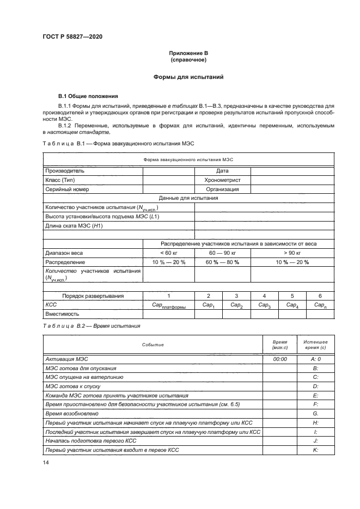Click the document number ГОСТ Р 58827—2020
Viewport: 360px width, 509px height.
point(72,36)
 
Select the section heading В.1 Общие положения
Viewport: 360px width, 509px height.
point(85,96)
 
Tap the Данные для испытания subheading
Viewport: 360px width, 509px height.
point(188,198)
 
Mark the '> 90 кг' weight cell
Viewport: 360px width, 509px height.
point(292,253)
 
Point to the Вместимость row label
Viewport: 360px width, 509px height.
point(62,314)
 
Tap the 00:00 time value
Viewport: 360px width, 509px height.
point(279,359)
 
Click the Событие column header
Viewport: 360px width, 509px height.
point(152,344)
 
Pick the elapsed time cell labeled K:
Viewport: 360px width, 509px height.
point(316,450)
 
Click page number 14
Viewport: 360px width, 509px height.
point(45,463)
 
